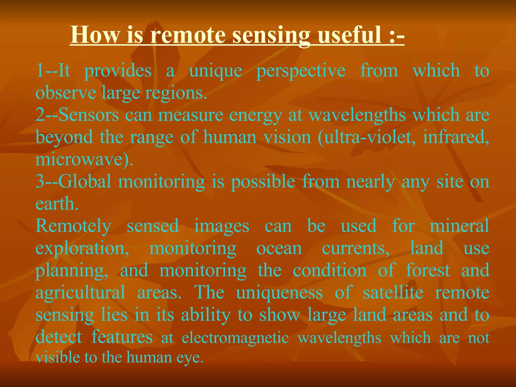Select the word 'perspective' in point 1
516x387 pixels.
pos(301,71)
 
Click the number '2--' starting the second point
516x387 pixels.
pos(47,115)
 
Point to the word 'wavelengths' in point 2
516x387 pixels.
pos(357,115)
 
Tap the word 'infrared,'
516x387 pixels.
pos(456,137)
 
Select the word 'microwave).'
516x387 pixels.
pos(84,159)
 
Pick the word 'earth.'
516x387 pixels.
pos(57,204)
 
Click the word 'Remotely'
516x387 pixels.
pos(73,226)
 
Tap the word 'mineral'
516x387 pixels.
pos(459,225)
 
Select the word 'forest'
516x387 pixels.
pos(428,270)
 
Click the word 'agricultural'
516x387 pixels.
pos(80,293)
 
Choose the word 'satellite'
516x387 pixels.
pos(393,292)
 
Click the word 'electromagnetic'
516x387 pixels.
pos(235,338)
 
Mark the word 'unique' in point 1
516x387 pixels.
pos(216,71)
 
